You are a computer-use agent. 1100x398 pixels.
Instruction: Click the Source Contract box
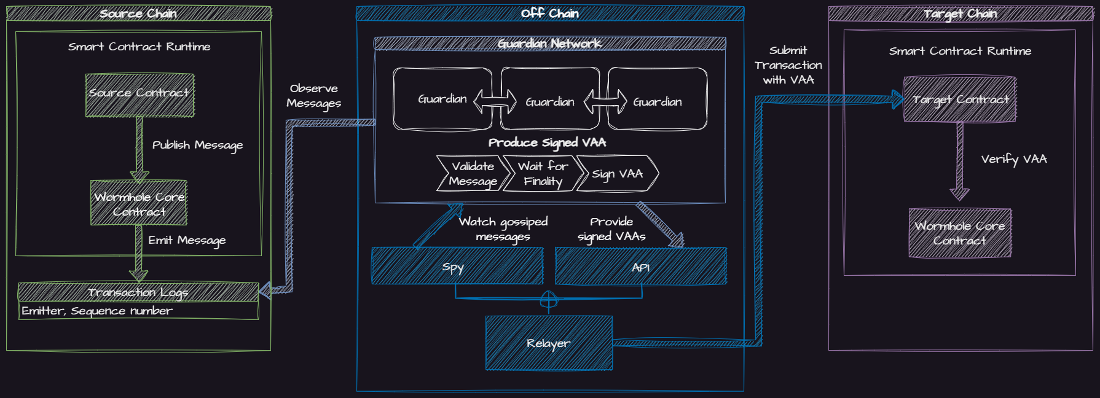[x=139, y=95]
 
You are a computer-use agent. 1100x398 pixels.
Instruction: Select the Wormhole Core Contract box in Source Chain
[x=139, y=203]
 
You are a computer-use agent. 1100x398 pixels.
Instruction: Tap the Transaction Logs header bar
[x=138, y=292]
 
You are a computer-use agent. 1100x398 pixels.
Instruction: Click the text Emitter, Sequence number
[x=97, y=311]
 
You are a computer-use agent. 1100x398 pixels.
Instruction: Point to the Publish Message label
[x=197, y=145]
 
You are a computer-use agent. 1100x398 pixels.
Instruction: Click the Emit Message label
[x=187, y=240]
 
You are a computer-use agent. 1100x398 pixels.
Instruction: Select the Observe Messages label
[x=313, y=96]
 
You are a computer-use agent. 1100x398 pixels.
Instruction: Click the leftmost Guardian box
[x=442, y=99]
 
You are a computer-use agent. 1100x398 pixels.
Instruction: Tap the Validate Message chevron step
[x=473, y=173]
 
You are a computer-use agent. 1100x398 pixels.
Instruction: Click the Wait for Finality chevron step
[x=543, y=173]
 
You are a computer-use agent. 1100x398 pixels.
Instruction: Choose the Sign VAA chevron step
[x=617, y=174]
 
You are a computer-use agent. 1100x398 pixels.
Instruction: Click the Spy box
[x=457, y=267]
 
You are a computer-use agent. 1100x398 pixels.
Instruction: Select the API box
[x=641, y=267]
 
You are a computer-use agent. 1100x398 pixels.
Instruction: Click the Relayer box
[x=549, y=343]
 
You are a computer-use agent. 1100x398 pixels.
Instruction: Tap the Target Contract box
[x=960, y=99]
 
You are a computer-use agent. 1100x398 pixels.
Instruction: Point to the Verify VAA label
[x=1013, y=159]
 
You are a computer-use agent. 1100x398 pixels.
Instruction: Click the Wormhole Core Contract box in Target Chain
[x=960, y=233]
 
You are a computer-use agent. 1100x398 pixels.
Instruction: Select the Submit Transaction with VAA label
[x=788, y=65]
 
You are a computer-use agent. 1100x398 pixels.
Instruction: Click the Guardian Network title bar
[x=550, y=43]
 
